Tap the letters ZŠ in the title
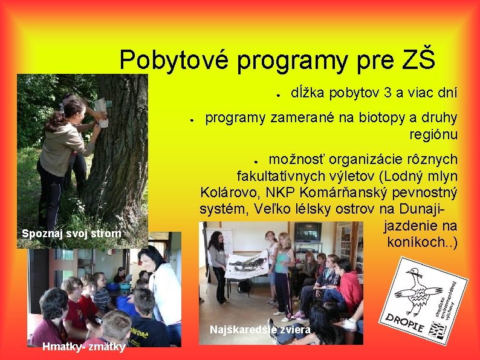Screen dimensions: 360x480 pyautogui.click(x=417, y=60)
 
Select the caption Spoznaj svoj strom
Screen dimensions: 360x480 pyautogui.click(x=71, y=234)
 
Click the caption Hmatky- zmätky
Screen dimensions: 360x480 pyautogui.click(x=84, y=347)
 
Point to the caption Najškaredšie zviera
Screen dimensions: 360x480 pyautogui.click(x=260, y=330)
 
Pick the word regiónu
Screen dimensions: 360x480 pyautogui.click(x=433, y=134)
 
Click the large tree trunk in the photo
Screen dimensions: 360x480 pyautogui.click(x=122, y=151)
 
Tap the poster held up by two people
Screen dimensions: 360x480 pyautogui.click(x=247, y=265)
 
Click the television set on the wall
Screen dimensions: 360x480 pyautogui.click(x=308, y=231)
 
